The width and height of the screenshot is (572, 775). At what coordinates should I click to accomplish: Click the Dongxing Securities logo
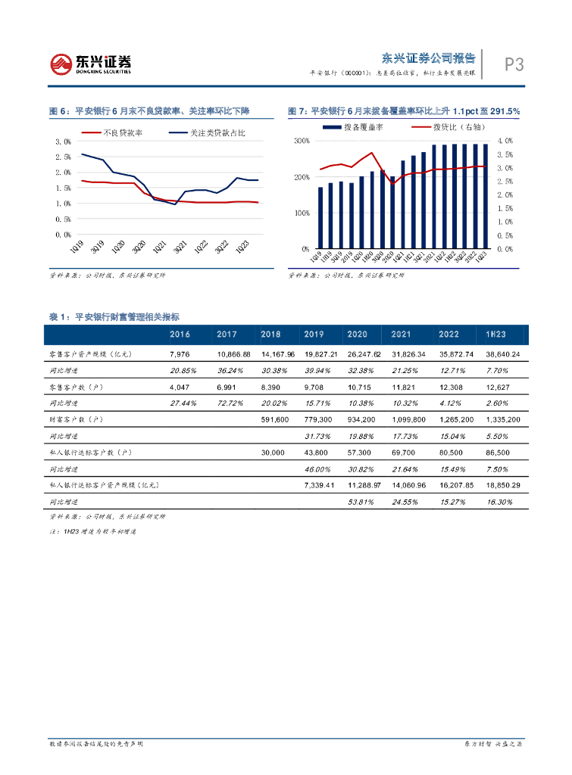tap(90, 64)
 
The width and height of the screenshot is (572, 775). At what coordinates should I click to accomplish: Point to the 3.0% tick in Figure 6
tap(64, 142)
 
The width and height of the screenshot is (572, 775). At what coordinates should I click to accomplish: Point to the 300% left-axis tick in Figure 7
tap(301, 142)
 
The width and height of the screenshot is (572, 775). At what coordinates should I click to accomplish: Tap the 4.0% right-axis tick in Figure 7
tap(505, 142)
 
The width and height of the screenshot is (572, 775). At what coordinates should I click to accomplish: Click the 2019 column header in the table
tap(314, 334)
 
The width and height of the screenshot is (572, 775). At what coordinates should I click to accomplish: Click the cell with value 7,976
tap(179, 354)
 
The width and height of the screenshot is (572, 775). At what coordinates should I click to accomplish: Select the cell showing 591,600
tap(273, 419)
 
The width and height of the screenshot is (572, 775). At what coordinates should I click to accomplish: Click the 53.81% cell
tap(361, 501)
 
